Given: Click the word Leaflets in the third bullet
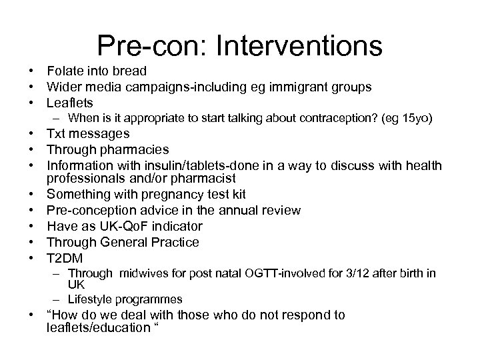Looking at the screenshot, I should click(x=69, y=103).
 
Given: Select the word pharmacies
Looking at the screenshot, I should click(x=135, y=150).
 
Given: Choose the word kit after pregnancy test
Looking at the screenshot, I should click(x=237, y=195).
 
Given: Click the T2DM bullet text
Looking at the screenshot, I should click(x=64, y=258).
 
